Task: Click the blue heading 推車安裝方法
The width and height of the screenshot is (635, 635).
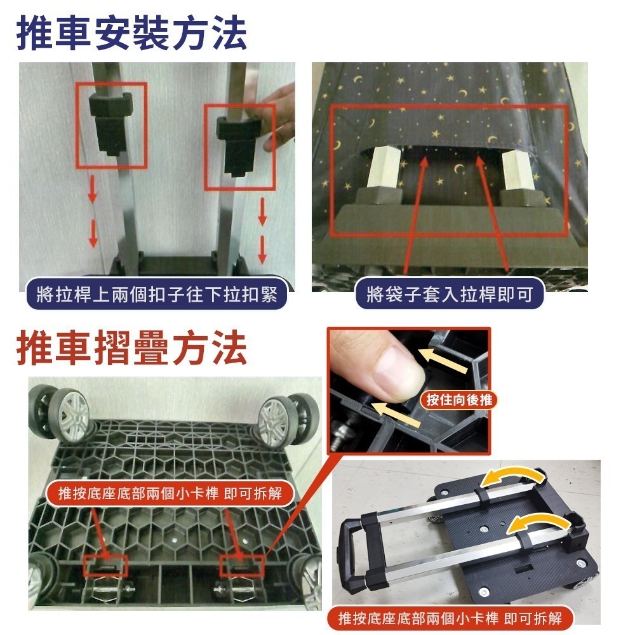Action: pos(131,33)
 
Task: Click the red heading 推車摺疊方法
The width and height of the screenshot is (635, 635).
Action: pos(131,348)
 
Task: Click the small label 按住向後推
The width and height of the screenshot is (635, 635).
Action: pos(459,399)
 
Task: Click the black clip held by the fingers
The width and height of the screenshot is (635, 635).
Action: pos(239,146)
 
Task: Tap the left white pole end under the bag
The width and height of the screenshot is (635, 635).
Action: pos(382,170)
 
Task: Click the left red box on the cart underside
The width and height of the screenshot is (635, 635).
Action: pos(105,566)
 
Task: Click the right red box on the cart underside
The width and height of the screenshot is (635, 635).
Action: pos(242,566)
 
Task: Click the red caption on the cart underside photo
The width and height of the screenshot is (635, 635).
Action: pos(170,493)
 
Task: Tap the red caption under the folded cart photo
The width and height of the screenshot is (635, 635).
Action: pos(450,618)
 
